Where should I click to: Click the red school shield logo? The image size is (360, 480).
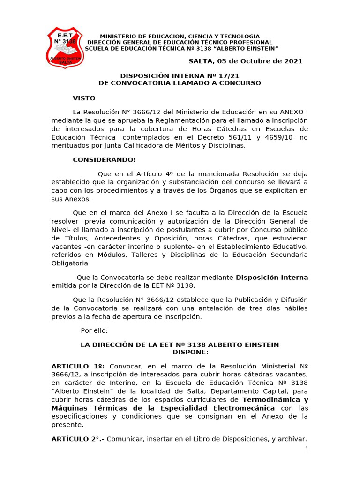pyautogui.click(x=65, y=47)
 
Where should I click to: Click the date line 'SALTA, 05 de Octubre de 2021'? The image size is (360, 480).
pyautogui.click(x=245, y=61)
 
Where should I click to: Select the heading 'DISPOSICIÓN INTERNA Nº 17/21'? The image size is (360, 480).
pyautogui.click(x=180, y=75)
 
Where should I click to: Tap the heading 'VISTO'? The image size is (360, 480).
pyautogui.click(x=84, y=98)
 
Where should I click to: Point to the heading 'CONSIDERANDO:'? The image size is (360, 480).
pyautogui.click(x=104, y=160)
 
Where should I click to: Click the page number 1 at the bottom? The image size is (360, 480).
pyautogui.click(x=307, y=449)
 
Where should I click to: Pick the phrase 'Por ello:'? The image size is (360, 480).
pyautogui.click(x=94, y=330)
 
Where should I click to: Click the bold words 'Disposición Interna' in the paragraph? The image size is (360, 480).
pyautogui.click(x=272, y=277)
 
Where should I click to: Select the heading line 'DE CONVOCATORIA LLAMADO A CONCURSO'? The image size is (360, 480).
pyautogui.click(x=180, y=83)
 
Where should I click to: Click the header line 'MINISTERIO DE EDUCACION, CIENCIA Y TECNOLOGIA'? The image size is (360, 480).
pyautogui.click(x=180, y=37)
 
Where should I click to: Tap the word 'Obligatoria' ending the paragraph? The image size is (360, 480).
pyautogui.click(x=69, y=263)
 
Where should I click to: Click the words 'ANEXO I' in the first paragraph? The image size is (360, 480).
pyautogui.click(x=293, y=112)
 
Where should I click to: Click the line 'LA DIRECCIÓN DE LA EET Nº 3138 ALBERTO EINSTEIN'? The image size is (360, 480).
pyautogui.click(x=180, y=345)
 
